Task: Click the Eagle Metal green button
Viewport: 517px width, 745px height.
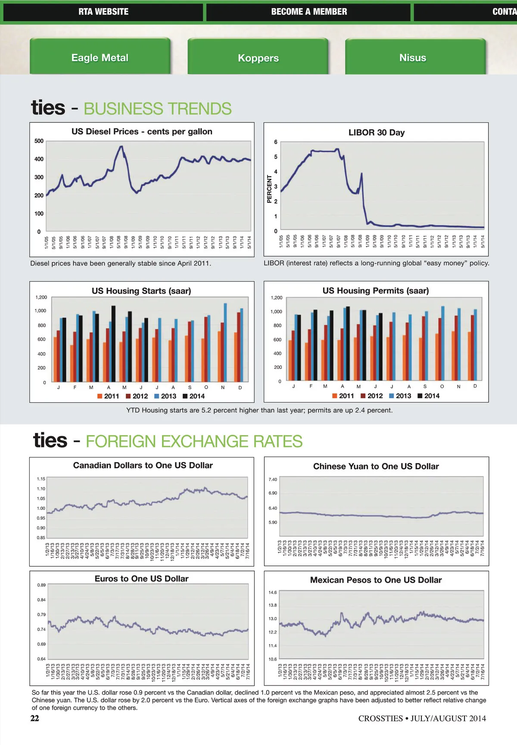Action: pos(100,58)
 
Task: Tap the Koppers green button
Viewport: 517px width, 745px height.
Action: pos(258,58)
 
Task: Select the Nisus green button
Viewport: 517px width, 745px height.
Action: pos(412,58)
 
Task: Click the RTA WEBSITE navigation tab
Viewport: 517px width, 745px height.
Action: pos(103,12)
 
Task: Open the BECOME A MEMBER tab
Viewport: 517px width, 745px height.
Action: pos(309,12)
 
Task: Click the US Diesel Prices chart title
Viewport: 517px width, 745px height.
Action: pos(142,131)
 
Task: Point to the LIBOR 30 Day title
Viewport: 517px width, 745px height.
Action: pos(377,132)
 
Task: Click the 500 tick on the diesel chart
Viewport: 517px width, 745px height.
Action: pos(39,141)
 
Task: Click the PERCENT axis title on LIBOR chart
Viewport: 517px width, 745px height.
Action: pos(269,189)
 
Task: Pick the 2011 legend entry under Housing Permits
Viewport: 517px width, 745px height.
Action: pos(343,396)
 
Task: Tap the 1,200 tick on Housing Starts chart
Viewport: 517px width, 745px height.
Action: pos(41,297)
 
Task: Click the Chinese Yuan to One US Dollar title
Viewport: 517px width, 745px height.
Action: pos(376,466)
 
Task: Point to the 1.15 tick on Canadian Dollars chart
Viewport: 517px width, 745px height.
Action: pos(41,479)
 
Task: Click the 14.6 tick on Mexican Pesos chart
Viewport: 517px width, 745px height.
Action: pos(273,592)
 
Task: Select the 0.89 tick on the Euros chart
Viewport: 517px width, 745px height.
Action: pos(41,585)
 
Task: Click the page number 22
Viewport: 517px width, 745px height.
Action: pos(34,718)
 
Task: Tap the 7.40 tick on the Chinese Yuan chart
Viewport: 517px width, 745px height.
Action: pos(273,479)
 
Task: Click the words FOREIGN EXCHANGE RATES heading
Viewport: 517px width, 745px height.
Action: pos(194,442)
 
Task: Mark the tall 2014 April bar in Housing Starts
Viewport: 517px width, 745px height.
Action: pos(113,343)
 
